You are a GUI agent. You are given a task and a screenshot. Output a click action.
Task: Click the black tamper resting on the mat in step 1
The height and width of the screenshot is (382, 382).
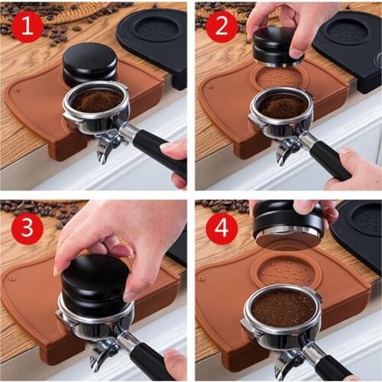pos(89,63)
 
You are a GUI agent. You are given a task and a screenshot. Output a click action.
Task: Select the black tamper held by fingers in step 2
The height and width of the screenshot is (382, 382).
pos(277,45)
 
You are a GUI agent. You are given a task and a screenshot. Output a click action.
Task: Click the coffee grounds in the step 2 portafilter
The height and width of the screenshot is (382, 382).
pos(283,106)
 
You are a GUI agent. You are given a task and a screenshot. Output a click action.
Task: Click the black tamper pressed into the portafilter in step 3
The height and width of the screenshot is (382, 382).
pos(95,283)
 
